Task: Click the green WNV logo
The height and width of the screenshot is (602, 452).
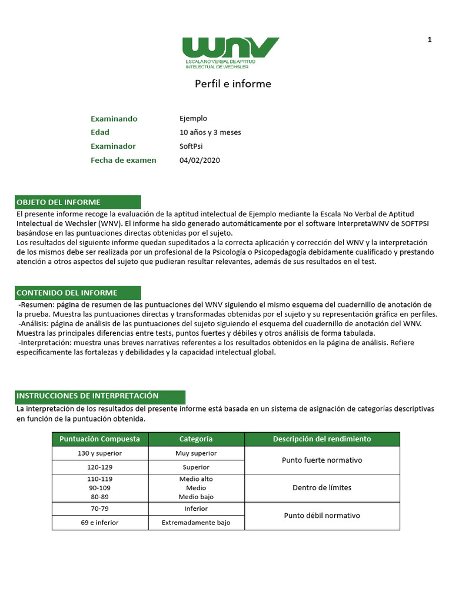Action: (230, 52)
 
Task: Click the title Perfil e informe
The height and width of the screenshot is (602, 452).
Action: (233, 83)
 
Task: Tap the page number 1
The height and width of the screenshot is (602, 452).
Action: (430, 39)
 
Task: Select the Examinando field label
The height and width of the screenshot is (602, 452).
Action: (114, 119)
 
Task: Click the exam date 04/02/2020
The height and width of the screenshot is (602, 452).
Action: (200, 160)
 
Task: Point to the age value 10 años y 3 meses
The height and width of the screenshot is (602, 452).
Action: (210, 132)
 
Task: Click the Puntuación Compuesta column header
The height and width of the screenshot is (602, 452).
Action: (100, 439)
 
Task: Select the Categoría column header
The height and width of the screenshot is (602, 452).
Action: (196, 439)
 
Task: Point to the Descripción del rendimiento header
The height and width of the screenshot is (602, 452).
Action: (322, 439)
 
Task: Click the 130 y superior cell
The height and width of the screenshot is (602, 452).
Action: (100, 453)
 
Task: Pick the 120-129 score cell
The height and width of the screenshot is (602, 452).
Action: (100, 467)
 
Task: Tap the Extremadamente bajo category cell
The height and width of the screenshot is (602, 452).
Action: (196, 523)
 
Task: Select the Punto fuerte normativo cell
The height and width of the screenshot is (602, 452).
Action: (322, 460)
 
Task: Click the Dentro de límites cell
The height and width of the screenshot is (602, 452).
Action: (322, 488)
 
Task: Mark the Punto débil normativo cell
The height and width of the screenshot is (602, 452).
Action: (322, 516)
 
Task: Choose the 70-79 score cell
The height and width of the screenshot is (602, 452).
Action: (100, 509)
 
